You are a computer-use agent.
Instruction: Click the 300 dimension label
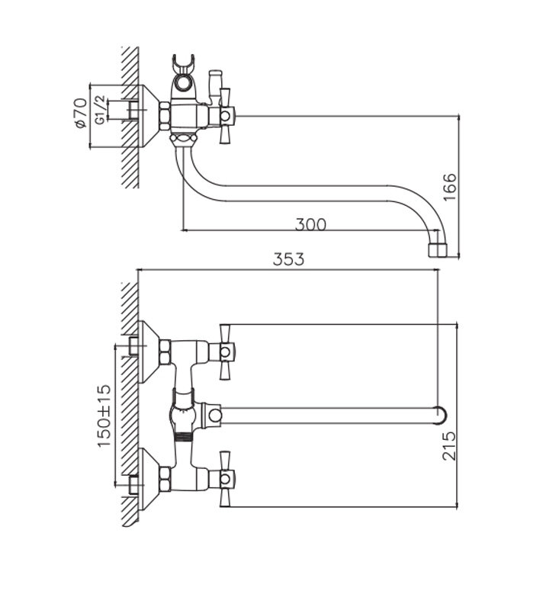click(x=310, y=224)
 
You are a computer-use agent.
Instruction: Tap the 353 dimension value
click(x=288, y=259)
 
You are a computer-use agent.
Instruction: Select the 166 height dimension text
click(x=450, y=187)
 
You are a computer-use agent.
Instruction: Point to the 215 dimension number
click(x=449, y=446)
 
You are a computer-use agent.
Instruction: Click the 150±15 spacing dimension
click(x=104, y=416)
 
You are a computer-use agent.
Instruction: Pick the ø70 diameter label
click(x=81, y=114)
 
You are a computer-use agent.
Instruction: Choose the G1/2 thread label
click(x=100, y=110)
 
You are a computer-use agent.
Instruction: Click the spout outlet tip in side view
click(x=437, y=250)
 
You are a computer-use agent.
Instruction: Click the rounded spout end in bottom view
click(x=441, y=415)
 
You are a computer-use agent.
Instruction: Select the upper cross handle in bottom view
click(x=225, y=352)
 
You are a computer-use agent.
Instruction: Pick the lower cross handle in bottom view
click(x=225, y=479)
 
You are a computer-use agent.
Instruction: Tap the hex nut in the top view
click(x=165, y=116)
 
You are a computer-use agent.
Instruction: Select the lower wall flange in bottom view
click(x=149, y=479)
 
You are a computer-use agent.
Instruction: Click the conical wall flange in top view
click(x=148, y=116)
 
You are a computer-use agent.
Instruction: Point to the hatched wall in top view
click(x=130, y=117)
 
